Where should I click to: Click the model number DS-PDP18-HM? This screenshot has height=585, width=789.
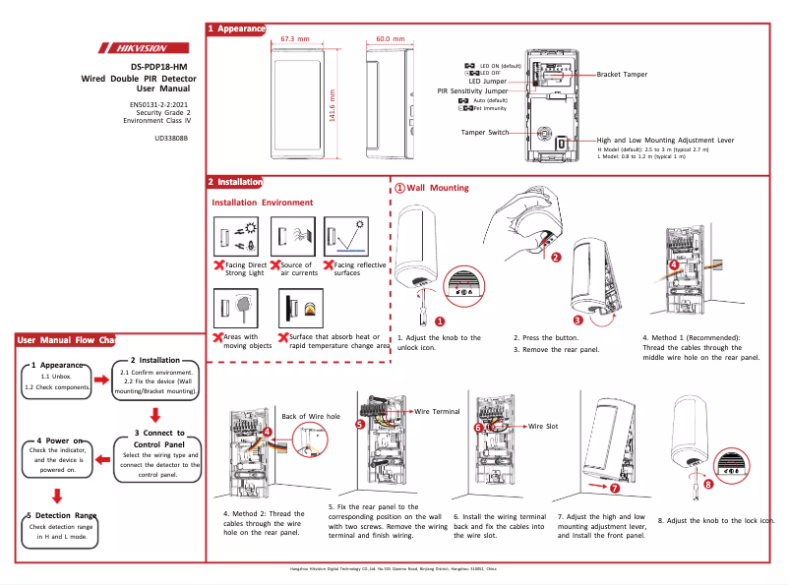coord(158,66)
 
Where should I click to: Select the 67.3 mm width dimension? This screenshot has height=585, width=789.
coord(295,39)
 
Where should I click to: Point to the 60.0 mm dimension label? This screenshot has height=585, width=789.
coord(391,39)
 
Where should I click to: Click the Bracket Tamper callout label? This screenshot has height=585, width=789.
coord(622,75)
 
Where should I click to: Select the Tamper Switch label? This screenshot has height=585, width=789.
coord(485,132)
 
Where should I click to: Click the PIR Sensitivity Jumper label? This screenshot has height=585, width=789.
coord(479,90)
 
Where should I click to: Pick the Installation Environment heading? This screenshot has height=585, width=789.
coord(263,203)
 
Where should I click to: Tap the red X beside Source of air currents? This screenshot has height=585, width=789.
coord(274,265)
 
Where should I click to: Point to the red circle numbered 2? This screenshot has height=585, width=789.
coord(555,258)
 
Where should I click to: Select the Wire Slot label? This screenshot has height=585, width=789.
coord(543,426)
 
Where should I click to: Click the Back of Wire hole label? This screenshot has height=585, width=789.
coord(311,417)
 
